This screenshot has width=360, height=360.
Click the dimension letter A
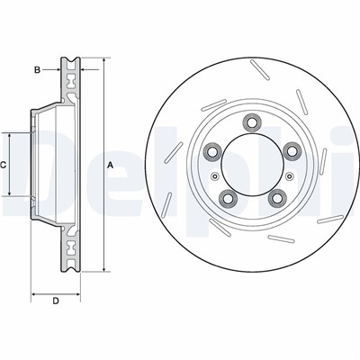110,166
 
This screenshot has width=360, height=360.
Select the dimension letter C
4,165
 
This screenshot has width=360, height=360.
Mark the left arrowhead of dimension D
34,292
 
